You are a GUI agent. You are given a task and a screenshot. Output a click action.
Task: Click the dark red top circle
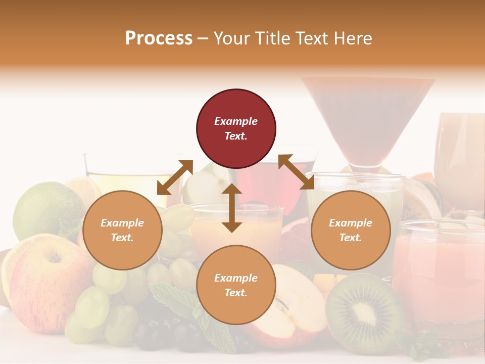coord(236,129)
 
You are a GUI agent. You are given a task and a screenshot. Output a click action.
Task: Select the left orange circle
coord(122,230)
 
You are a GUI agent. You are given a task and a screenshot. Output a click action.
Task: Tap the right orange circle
coord(351,230)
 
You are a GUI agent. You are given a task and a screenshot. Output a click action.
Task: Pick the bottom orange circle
coord(236,285)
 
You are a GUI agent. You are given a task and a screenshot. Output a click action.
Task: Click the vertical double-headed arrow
coord(232,208)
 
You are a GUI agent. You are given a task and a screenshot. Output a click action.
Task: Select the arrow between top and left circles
coord(175,177)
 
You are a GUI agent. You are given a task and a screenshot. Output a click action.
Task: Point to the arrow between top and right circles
coord(296,172)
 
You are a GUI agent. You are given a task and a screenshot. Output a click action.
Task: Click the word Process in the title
coord(159,38)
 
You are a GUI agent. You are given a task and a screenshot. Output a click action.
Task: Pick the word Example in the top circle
coord(236,121)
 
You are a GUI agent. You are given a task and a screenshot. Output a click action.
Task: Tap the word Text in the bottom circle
coord(236,293)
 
